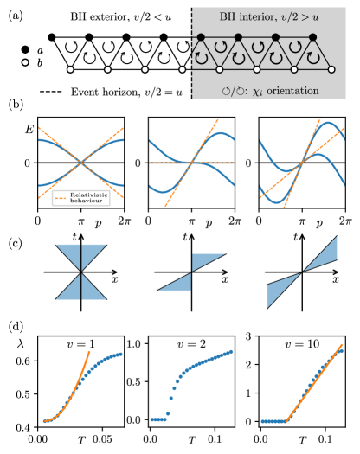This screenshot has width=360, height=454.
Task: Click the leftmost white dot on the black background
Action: tap(25, 62)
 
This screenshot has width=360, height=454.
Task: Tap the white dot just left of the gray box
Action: tap(183, 69)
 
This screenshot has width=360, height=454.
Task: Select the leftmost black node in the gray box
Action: tap(201, 37)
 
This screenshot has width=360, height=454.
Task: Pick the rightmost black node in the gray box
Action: tap(312, 37)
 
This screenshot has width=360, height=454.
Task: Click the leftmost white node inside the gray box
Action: tap(220, 69)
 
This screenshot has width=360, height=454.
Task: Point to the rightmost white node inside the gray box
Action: tap(331, 69)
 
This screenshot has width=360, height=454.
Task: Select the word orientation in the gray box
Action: tap(290, 90)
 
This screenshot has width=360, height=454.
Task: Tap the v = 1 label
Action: tap(80, 344)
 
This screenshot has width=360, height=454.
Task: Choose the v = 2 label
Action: tap(191, 344)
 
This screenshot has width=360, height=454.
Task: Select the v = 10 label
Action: tap(302, 344)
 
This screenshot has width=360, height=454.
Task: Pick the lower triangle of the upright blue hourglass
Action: tap(81, 288)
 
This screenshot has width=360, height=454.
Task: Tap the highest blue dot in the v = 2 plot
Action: tap(231, 351)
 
